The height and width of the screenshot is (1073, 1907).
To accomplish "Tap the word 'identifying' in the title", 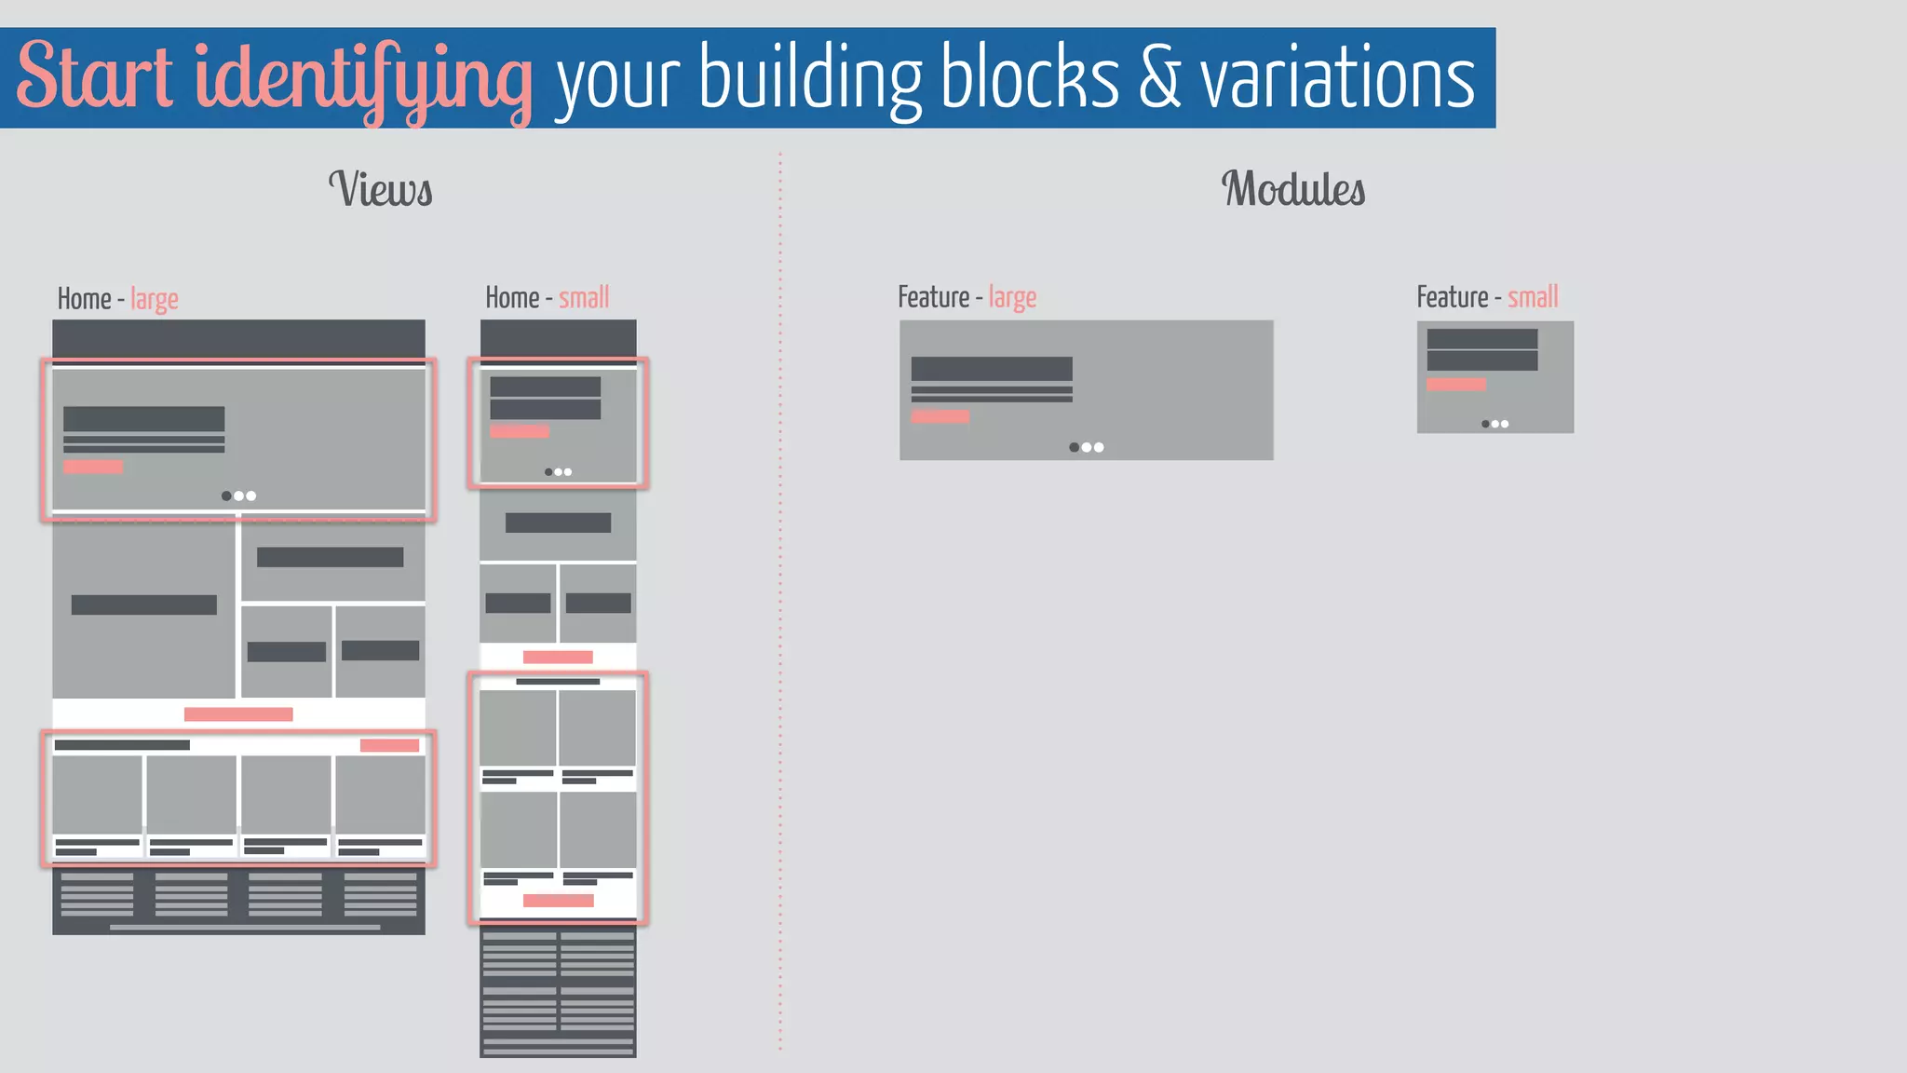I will [363, 79].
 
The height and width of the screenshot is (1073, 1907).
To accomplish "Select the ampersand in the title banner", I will [1159, 76].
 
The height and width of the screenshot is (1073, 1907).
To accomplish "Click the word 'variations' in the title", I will [1337, 76].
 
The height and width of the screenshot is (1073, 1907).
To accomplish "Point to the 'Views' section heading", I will [380, 189].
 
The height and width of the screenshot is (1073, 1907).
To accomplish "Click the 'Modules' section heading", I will [1293, 189].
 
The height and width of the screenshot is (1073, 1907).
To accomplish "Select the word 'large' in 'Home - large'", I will [155, 299].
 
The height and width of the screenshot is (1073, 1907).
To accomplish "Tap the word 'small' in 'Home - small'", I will [584, 298].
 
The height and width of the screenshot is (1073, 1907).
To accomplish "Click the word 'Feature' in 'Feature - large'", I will [933, 297].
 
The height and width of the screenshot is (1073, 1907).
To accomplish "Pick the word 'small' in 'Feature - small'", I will [1533, 297].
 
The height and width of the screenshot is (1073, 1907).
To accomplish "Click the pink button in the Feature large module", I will [940, 416].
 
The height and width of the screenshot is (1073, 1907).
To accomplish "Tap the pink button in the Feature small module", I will [1456, 384].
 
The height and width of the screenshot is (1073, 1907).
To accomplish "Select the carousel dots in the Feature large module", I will [1086, 447].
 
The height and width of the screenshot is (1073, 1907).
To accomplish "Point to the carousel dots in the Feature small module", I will [1494, 424].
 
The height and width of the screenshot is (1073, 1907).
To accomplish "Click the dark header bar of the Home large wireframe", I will [238, 338].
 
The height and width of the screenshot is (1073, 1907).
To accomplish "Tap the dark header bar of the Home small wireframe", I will [558, 337].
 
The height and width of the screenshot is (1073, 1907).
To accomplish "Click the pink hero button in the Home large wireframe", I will [93, 467].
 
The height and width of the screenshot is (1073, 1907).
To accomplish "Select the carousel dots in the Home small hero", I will [558, 472].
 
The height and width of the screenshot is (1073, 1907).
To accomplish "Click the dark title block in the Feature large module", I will [992, 369].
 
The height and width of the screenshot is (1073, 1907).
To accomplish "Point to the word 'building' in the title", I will [810, 79].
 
